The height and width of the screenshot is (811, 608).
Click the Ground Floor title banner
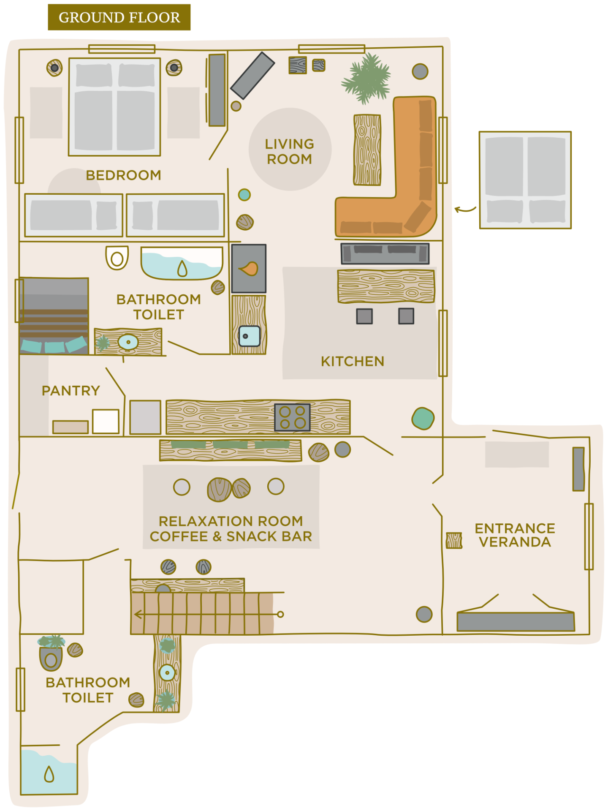pos(119,17)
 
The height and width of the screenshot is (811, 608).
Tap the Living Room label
pos(290,151)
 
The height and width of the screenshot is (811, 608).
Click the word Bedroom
pos(123,175)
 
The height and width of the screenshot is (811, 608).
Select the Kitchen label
pos(353,361)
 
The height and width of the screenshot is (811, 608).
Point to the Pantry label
pos(71,390)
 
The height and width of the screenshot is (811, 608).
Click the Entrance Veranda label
pos(515,535)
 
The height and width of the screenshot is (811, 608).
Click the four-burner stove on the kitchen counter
pos(292,417)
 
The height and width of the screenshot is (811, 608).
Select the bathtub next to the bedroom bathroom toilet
pos(182,263)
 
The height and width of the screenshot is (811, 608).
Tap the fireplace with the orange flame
pos(249,268)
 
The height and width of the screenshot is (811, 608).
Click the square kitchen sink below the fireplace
pos(249,336)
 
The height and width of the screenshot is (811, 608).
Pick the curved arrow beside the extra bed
pos(465,209)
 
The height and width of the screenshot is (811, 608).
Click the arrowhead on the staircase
pos(138,614)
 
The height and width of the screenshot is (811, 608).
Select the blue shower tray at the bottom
pos(49,772)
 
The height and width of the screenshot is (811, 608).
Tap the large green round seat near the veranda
pos(423,418)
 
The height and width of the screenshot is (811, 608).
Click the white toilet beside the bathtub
pos(117,257)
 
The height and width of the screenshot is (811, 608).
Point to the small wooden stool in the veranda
pos(454,540)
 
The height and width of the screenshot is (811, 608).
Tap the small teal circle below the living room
pos(244,195)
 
